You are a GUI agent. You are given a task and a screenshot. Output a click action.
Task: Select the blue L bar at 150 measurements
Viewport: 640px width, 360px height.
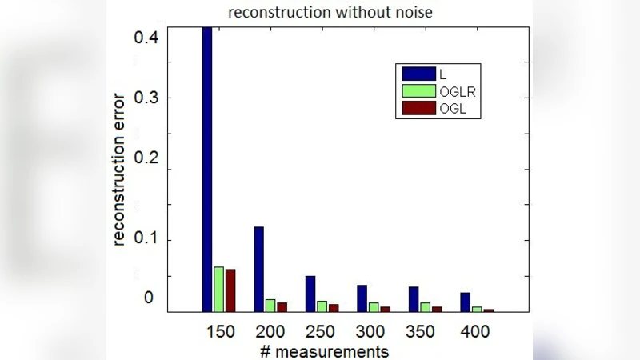(207, 168)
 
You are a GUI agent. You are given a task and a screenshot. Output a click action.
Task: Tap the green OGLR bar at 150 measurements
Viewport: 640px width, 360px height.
(218, 289)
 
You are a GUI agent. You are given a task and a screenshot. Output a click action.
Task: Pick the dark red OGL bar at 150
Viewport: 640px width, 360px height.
(230, 290)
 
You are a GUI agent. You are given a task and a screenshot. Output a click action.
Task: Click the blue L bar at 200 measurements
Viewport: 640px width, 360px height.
(258, 269)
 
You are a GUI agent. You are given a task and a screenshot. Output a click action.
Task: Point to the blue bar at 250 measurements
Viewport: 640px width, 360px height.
(310, 294)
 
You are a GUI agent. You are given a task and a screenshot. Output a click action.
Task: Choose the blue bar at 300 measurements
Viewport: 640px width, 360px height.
(362, 298)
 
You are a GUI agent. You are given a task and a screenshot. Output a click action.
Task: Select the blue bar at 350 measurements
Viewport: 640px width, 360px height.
(414, 299)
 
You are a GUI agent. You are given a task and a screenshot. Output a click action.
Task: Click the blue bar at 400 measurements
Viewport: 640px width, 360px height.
(465, 302)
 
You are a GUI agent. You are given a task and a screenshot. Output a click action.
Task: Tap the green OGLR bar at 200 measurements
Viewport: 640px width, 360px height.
(270, 306)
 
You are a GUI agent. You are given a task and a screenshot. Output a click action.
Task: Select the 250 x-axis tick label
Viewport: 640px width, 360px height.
(322, 331)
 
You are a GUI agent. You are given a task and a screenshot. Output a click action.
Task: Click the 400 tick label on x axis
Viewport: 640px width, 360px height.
(477, 331)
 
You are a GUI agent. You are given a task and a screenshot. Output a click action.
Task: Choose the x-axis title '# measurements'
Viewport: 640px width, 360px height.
(324, 351)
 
